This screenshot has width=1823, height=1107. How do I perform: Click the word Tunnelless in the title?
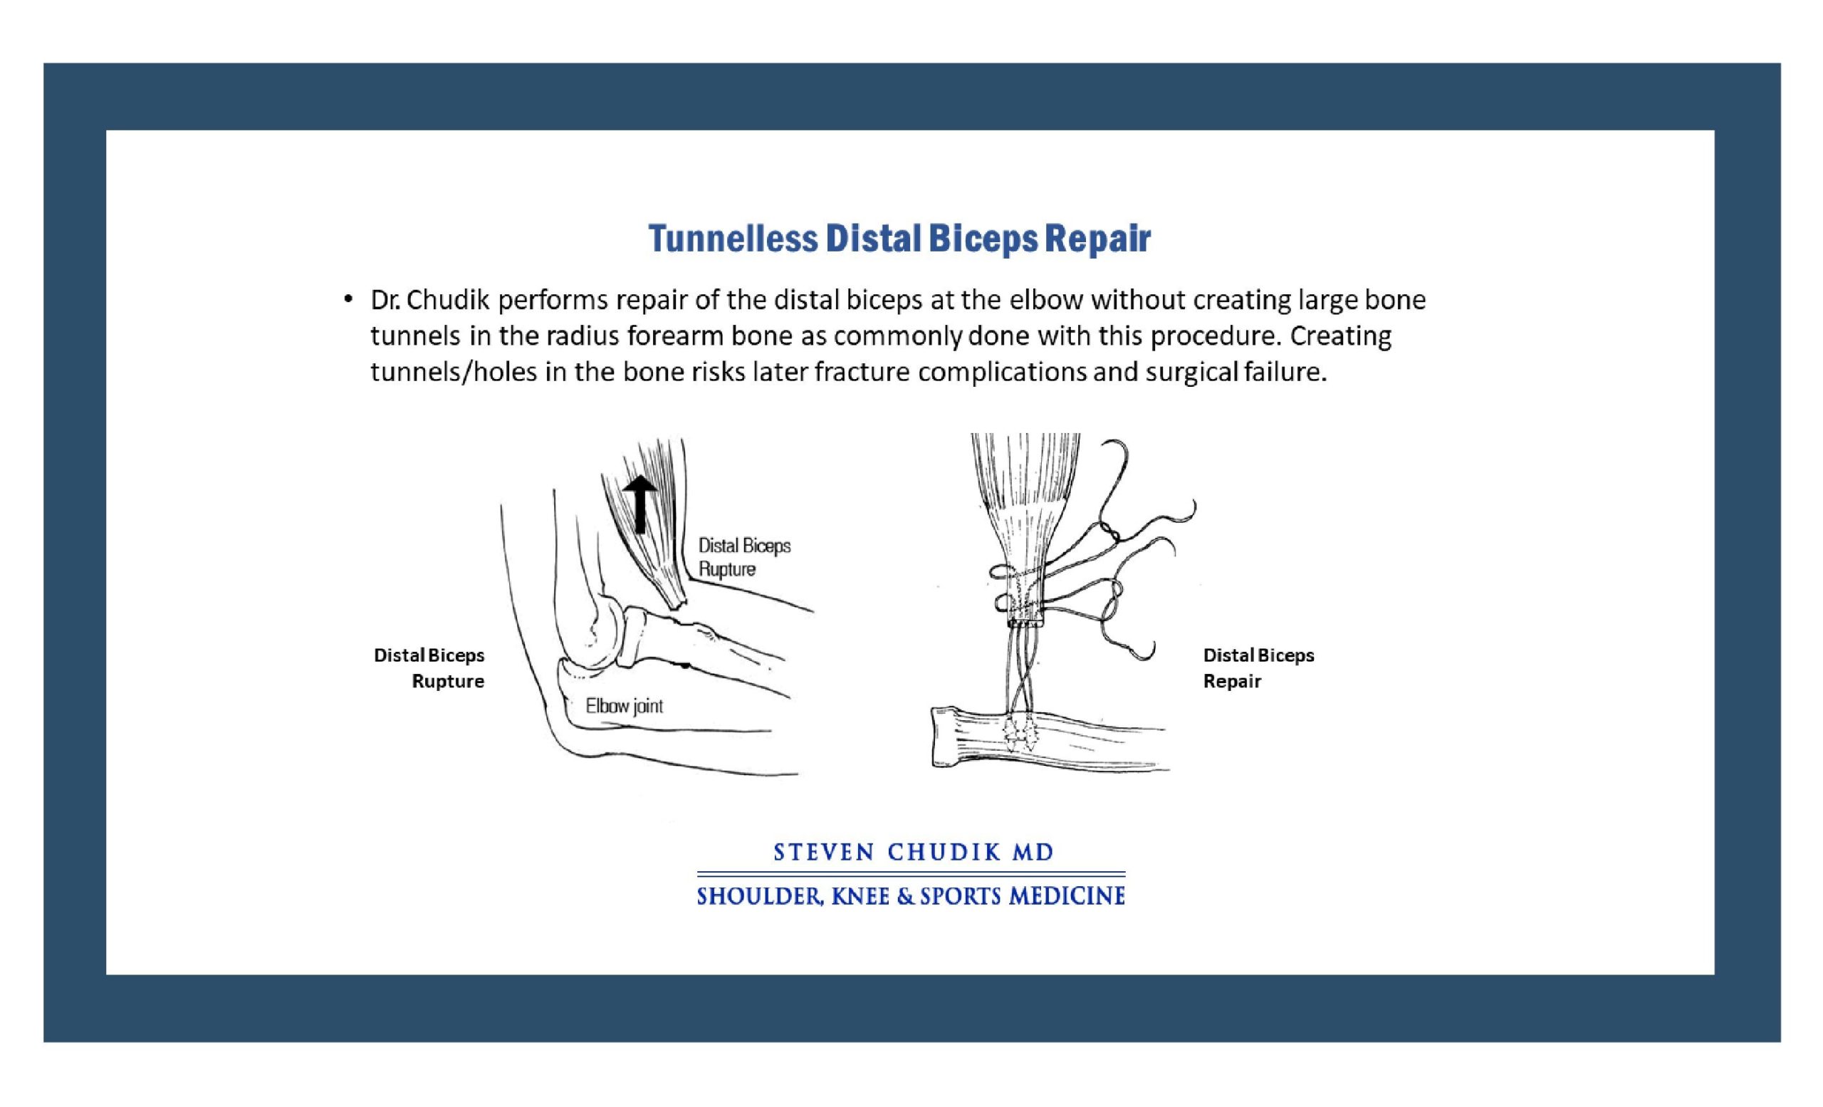(x=733, y=238)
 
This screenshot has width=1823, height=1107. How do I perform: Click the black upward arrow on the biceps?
(x=639, y=504)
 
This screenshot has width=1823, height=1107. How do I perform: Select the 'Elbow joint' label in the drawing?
(x=624, y=706)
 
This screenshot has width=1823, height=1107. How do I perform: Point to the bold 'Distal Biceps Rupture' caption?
(x=429, y=668)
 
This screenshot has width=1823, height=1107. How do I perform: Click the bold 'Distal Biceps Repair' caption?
(x=1258, y=668)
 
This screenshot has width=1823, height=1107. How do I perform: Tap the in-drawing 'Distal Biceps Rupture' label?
(x=744, y=557)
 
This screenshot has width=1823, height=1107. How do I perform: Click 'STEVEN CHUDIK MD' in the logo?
(x=913, y=853)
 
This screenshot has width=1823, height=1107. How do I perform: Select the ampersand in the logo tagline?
(x=904, y=897)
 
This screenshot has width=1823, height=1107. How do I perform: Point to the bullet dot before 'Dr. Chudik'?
(x=348, y=300)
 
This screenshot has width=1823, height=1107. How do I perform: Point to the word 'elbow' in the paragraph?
(x=1047, y=300)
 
